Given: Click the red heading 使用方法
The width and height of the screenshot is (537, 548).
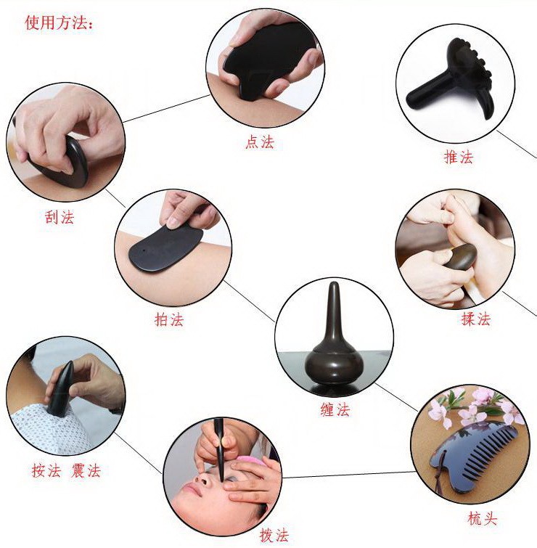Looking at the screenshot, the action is [x=56, y=23].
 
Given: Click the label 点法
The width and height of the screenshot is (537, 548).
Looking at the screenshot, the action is [x=260, y=142].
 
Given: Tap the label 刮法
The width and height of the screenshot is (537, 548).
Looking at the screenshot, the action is [x=60, y=217].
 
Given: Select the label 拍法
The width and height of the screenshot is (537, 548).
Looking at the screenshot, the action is [x=169, y=319].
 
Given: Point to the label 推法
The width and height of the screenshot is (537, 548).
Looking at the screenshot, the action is [x=459, y=157].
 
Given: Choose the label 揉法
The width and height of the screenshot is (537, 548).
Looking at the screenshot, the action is [x=476, y=319].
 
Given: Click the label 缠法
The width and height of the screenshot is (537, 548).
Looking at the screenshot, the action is [x=335, y=409].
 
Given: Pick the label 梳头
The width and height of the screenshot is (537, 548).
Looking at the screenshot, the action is [x=482, y=519].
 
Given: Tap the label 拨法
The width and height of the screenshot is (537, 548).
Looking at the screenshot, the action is [x=274, y=535].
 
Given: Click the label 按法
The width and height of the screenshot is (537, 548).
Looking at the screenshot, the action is [x=46, y=471].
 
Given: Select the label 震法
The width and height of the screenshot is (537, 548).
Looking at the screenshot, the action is [x=86, y=471].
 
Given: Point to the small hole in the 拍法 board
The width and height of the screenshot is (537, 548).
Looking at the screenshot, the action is [x=144, y=251].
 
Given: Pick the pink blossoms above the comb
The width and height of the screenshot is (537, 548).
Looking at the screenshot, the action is [x=472, y=407].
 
